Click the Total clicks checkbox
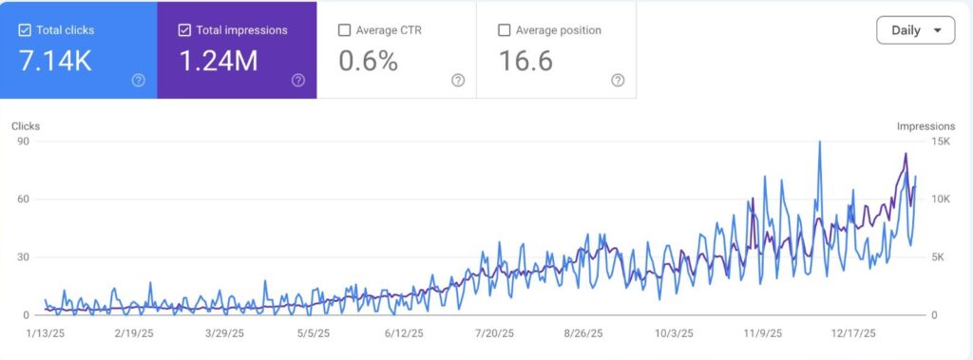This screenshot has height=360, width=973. click(x=25, y=30)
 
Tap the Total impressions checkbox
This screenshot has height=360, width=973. click(x=184, y=30)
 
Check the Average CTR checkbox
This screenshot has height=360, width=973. click(x=344, y=30)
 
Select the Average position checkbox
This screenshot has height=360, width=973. click(x=504, y=30)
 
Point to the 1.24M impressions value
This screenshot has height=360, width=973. click(x=219, y=61)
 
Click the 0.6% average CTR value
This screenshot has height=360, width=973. click(x=369, y=61)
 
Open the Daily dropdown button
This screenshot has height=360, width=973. click(x=915, y=30)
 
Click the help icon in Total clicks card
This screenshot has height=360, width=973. click(x=139, y=81)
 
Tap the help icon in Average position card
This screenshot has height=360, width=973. click(x=618, y=81)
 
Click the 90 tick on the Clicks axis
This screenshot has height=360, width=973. click(x=24, y=142)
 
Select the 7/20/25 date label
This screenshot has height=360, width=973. click(x=493, y=334)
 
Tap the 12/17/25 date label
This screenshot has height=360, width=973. click(x=850, y=334)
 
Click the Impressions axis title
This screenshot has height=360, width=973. click(x=925, y=125)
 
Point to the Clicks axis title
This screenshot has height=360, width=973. click(x=26, y=125)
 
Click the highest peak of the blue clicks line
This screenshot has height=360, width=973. click(x=819, y=142)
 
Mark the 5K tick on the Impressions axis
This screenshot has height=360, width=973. click(x=939, y=257)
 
